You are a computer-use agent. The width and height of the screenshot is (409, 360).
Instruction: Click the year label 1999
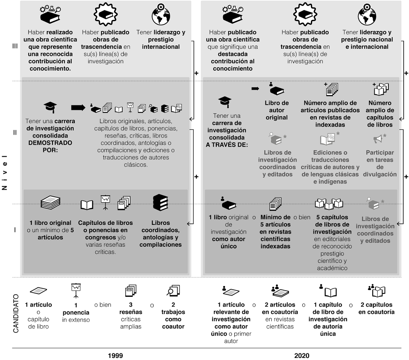(x=115, y=355)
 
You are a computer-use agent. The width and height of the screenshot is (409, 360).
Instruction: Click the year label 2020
(x=301, y=355)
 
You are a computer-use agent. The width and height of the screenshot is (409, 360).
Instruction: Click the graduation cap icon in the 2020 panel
(x=225, y=102)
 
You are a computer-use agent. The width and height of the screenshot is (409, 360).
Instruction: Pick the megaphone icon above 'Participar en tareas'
(x=379, y=139)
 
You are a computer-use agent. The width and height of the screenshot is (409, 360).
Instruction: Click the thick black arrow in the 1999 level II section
(x=78, y=107)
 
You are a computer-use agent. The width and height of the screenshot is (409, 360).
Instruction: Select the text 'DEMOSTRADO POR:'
(x=50, y=146)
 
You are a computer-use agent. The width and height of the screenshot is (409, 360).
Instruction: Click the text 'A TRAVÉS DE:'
(x=227, y=145)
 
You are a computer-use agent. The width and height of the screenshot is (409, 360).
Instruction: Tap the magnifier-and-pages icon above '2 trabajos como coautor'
(x=172, y=291)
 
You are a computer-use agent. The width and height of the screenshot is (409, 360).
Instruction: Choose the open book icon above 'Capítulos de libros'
(x=87, y=205)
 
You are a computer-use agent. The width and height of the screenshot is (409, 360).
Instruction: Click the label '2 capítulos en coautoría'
(x=376, y=309)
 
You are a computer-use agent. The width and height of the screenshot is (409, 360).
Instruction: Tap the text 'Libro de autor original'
(x=276, y=110)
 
